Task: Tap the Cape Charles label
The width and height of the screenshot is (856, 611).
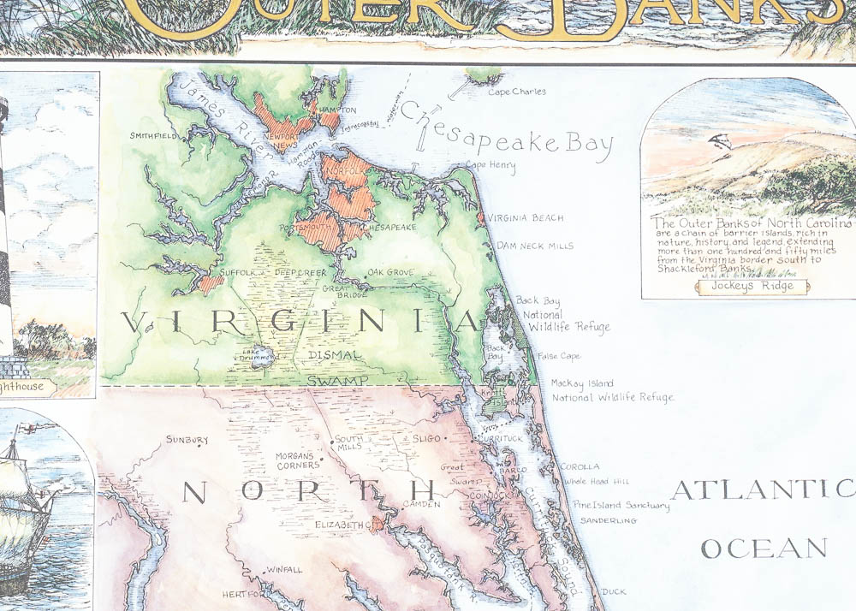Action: (517, 92)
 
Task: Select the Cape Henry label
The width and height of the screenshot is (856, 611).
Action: (491, 165)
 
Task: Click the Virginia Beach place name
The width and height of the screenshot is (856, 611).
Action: (526, 218)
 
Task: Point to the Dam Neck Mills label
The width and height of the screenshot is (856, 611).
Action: (535, 246)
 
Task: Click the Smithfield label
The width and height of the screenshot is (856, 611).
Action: (153, 135)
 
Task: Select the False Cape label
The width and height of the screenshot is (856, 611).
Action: (559, 356)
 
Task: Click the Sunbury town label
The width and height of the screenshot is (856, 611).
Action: (187, 440)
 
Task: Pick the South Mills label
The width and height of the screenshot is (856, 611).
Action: (349, 442)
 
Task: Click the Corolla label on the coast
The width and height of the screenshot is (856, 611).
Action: (580, 467)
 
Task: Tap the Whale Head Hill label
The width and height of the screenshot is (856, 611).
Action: (596, 483)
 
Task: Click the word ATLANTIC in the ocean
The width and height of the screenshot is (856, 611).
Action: (762, 490)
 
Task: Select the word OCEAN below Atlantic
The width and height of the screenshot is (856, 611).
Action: (764, 549)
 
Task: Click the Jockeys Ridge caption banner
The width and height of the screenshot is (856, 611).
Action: (752, 287)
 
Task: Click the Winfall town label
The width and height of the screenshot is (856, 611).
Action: (284, 569)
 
